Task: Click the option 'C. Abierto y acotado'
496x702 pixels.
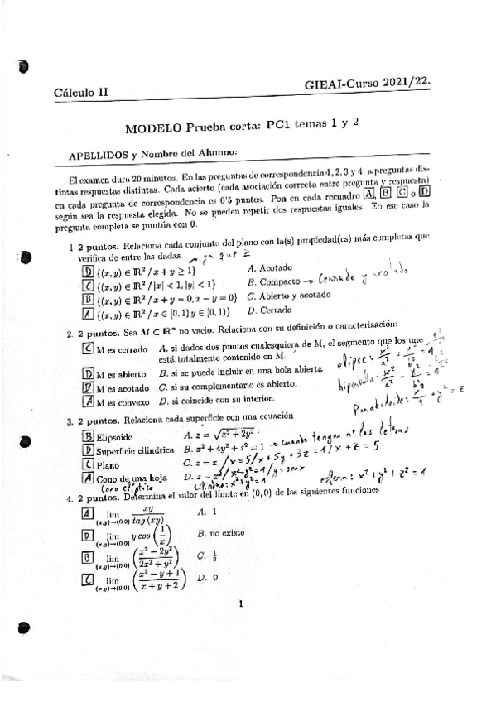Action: click(x=287, y=296)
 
